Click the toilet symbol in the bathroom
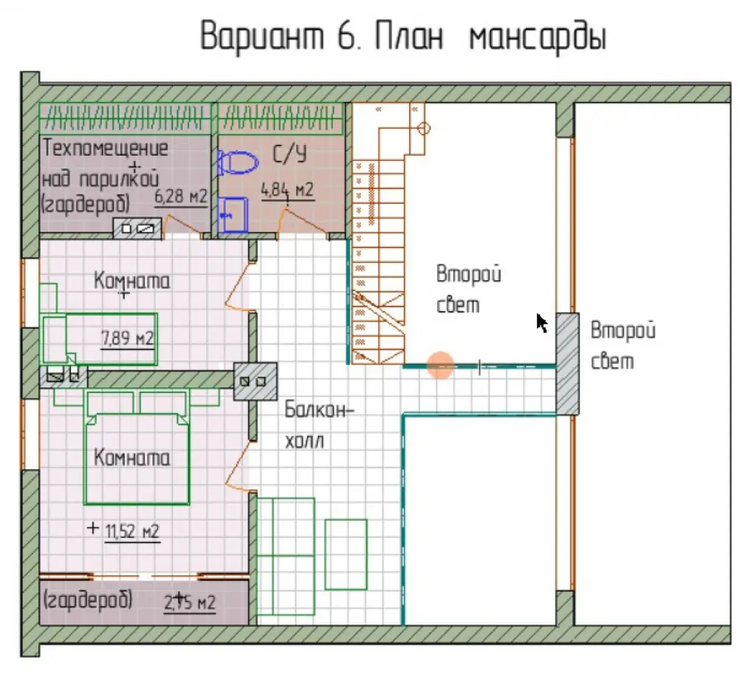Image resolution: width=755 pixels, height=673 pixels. point(237,162)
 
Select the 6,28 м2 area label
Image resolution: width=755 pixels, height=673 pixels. point(181,197)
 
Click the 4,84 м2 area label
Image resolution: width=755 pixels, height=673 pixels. point(288,190)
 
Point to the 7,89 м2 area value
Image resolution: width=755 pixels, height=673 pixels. point(128,338)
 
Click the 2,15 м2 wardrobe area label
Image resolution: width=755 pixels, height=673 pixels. point(190,602)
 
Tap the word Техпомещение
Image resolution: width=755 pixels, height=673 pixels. point(106,148)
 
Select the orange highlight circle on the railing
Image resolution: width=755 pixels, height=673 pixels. point(440,365)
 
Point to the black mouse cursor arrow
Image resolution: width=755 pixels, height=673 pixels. point(541,323)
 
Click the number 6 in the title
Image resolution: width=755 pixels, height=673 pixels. point(346,36)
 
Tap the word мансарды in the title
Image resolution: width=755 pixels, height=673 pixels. point(538,39)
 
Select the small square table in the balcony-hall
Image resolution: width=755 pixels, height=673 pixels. point(346,554)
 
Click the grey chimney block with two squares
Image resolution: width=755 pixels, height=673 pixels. point(255,381)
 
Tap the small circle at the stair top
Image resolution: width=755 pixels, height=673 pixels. point(424,128)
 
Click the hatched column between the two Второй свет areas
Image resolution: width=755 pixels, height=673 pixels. point(567,364)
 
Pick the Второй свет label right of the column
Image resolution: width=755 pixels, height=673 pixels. point(623,346)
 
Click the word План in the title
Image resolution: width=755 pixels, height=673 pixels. point(408,36)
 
